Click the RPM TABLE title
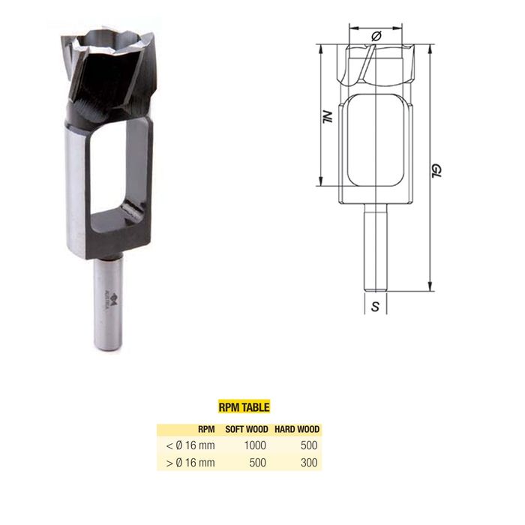tap(242, 407)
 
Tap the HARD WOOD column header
tap(296, 430)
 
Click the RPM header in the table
tap(206, 430)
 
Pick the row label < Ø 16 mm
tap(190, 445)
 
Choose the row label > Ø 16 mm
tap(190, 463)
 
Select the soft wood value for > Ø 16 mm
tap(257, 463)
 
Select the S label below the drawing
tap(375, 307)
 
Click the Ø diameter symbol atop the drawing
tap(376, 35)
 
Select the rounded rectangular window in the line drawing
tap(376, 142)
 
